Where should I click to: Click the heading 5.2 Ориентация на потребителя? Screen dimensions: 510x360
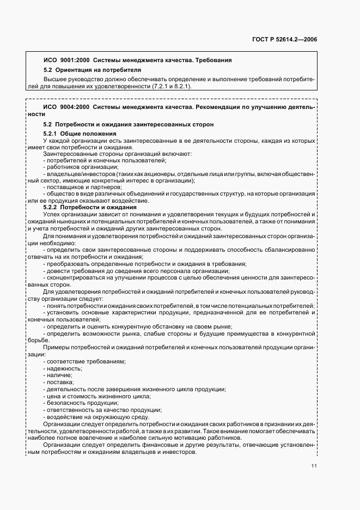pyautogui.click(x=92, y=70)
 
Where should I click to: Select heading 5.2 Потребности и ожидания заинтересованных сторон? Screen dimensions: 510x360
pyautogui.click(x=128, y=124)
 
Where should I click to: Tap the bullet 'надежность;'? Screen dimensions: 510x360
pyautogui.click(x=66, y=369)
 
